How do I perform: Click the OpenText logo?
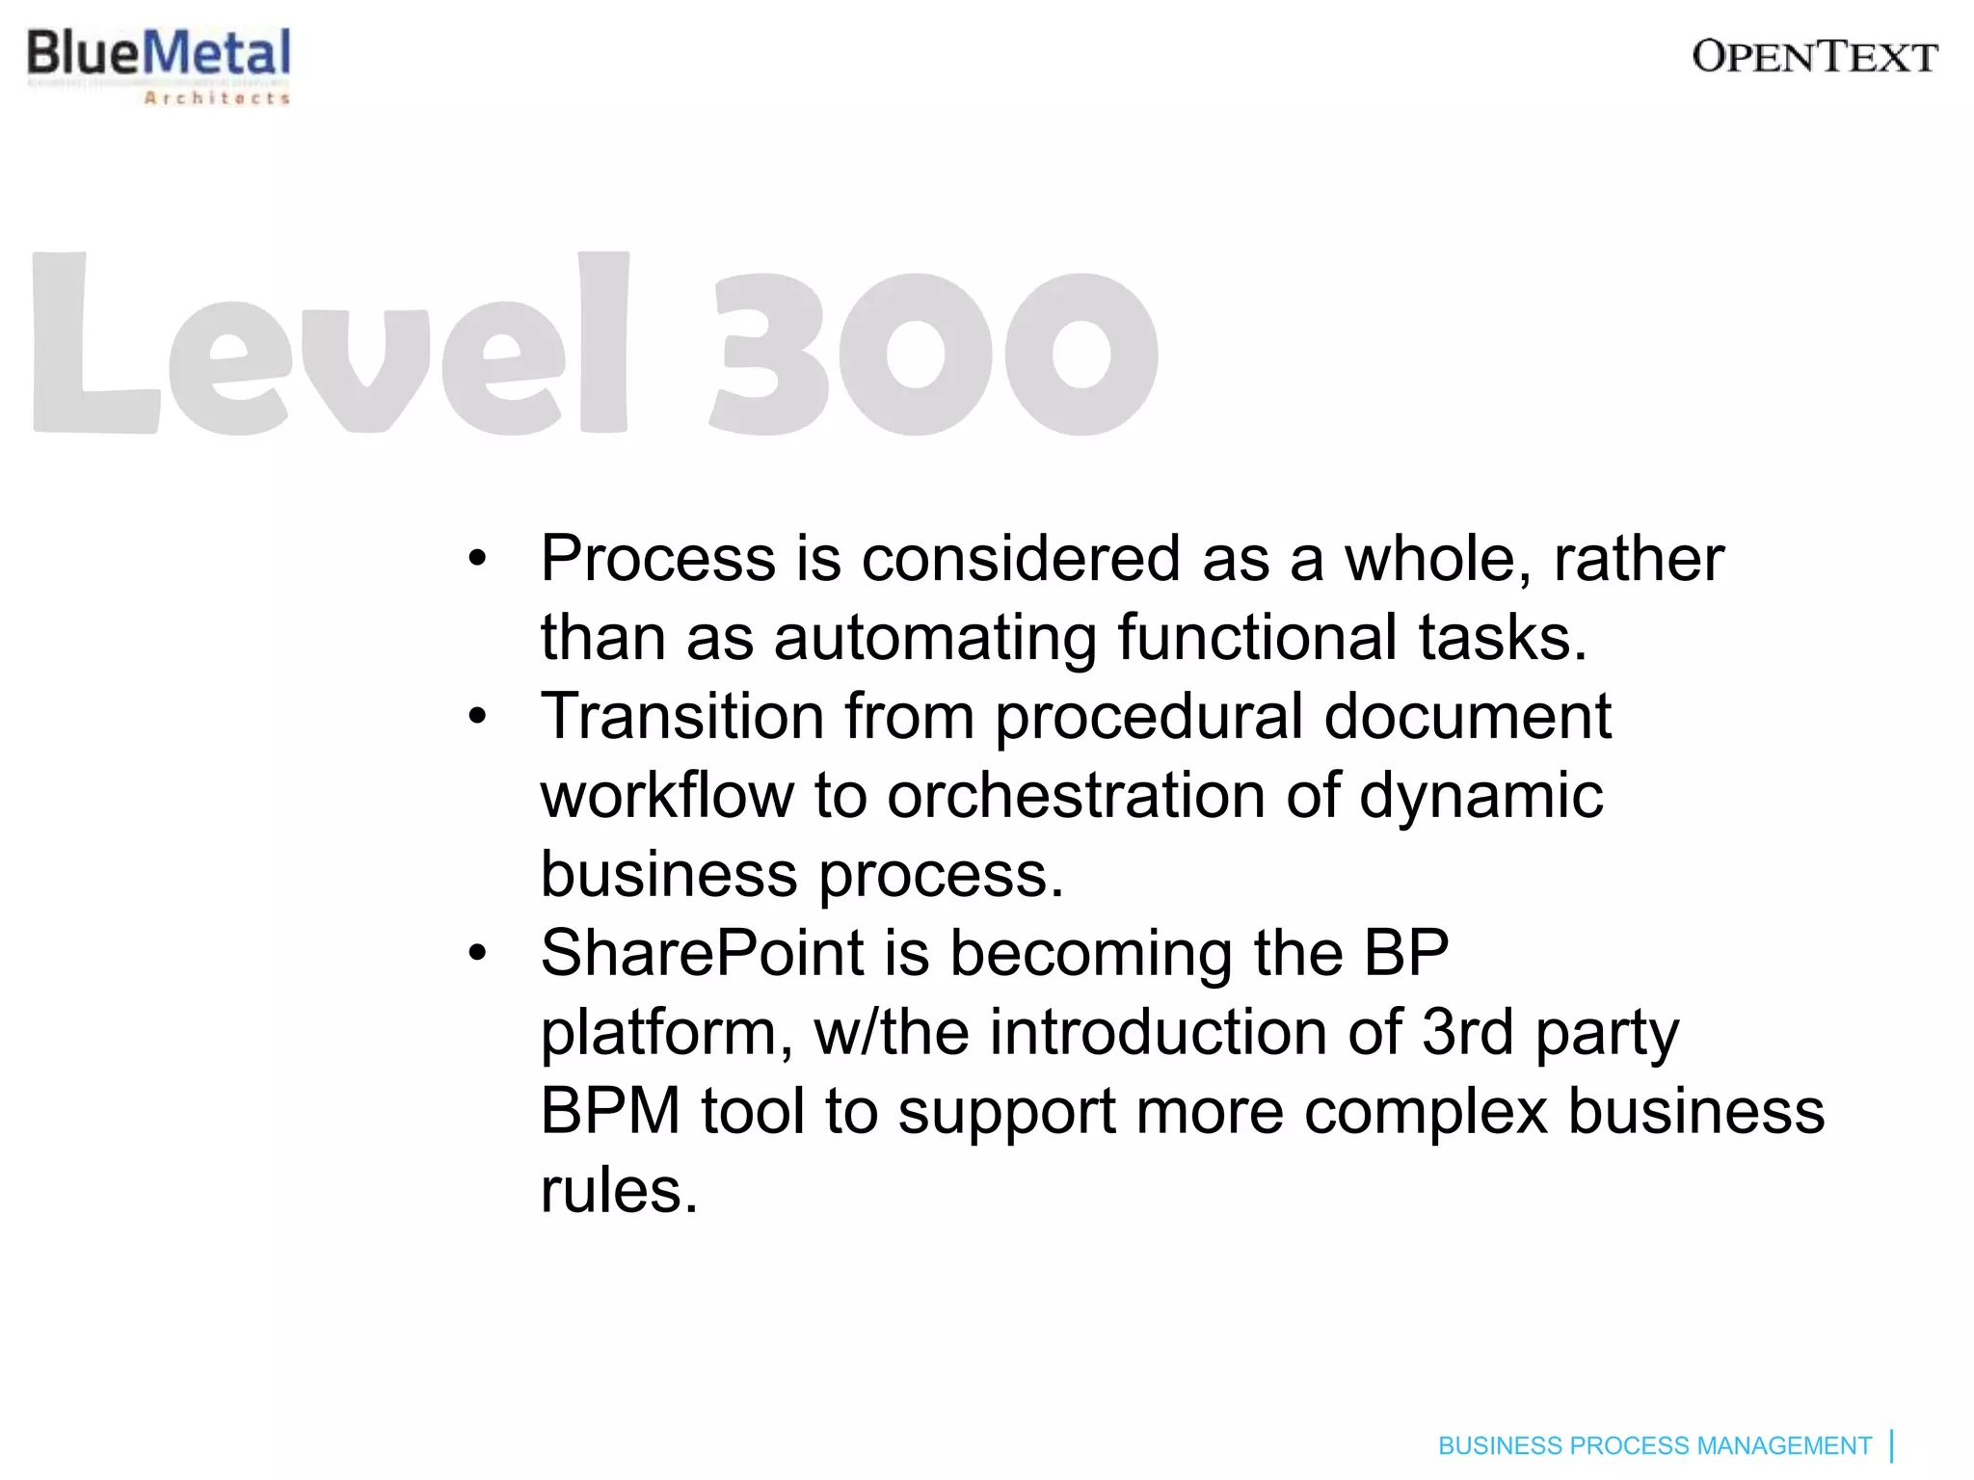[x=1814, y=57]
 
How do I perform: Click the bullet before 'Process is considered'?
[x=477, y=559]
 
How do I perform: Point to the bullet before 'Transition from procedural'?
[x=477, y=717]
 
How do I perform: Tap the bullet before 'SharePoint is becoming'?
[x=477, y=954]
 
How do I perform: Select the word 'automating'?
[x=935, y=638]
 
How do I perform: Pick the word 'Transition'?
[x=682, y=717]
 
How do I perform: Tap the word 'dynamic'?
[x=1481, y=796]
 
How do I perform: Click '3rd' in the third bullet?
[x=1467, y=1033]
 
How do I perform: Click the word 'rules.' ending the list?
[x=619, y=1191]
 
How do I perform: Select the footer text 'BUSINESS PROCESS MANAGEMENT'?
[x=1654, y=1446]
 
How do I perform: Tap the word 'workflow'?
[x=667, y=796]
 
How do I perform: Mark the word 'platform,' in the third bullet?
[x=667, y=1033]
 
